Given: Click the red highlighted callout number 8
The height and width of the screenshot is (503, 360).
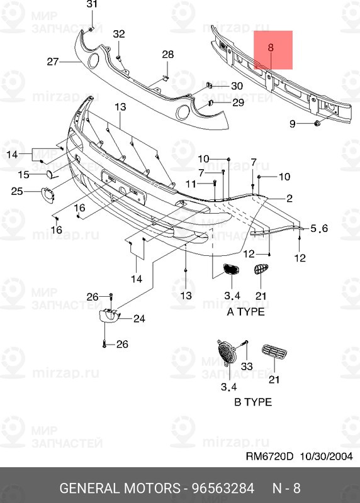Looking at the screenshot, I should click(x=271, y=47).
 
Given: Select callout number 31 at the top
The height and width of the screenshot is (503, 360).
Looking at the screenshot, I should click(x=92, y=6).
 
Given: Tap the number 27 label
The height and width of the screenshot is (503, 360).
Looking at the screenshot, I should click(x=52, y=62).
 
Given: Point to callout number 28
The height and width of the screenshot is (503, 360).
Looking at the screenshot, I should click(x=167, y=55).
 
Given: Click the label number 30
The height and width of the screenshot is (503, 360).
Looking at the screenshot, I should click(x=237, y=86).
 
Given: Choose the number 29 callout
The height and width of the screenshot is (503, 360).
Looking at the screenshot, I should click(x=238, y=102).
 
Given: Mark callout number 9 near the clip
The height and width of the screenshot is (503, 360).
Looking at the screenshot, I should click(x=293, y=124).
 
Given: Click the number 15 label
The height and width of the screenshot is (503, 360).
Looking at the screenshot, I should click(x=23, y=174).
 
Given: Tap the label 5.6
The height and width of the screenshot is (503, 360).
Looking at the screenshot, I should click(x=320, y=229).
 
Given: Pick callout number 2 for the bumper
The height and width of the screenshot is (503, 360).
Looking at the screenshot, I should click(x=290, y=199).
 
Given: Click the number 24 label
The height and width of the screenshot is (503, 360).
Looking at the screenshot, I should click(x=138, y=319).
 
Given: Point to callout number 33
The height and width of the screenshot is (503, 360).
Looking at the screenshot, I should click(x=246, y=366).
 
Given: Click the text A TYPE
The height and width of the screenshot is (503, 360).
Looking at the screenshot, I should click(x=245, y=311).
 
